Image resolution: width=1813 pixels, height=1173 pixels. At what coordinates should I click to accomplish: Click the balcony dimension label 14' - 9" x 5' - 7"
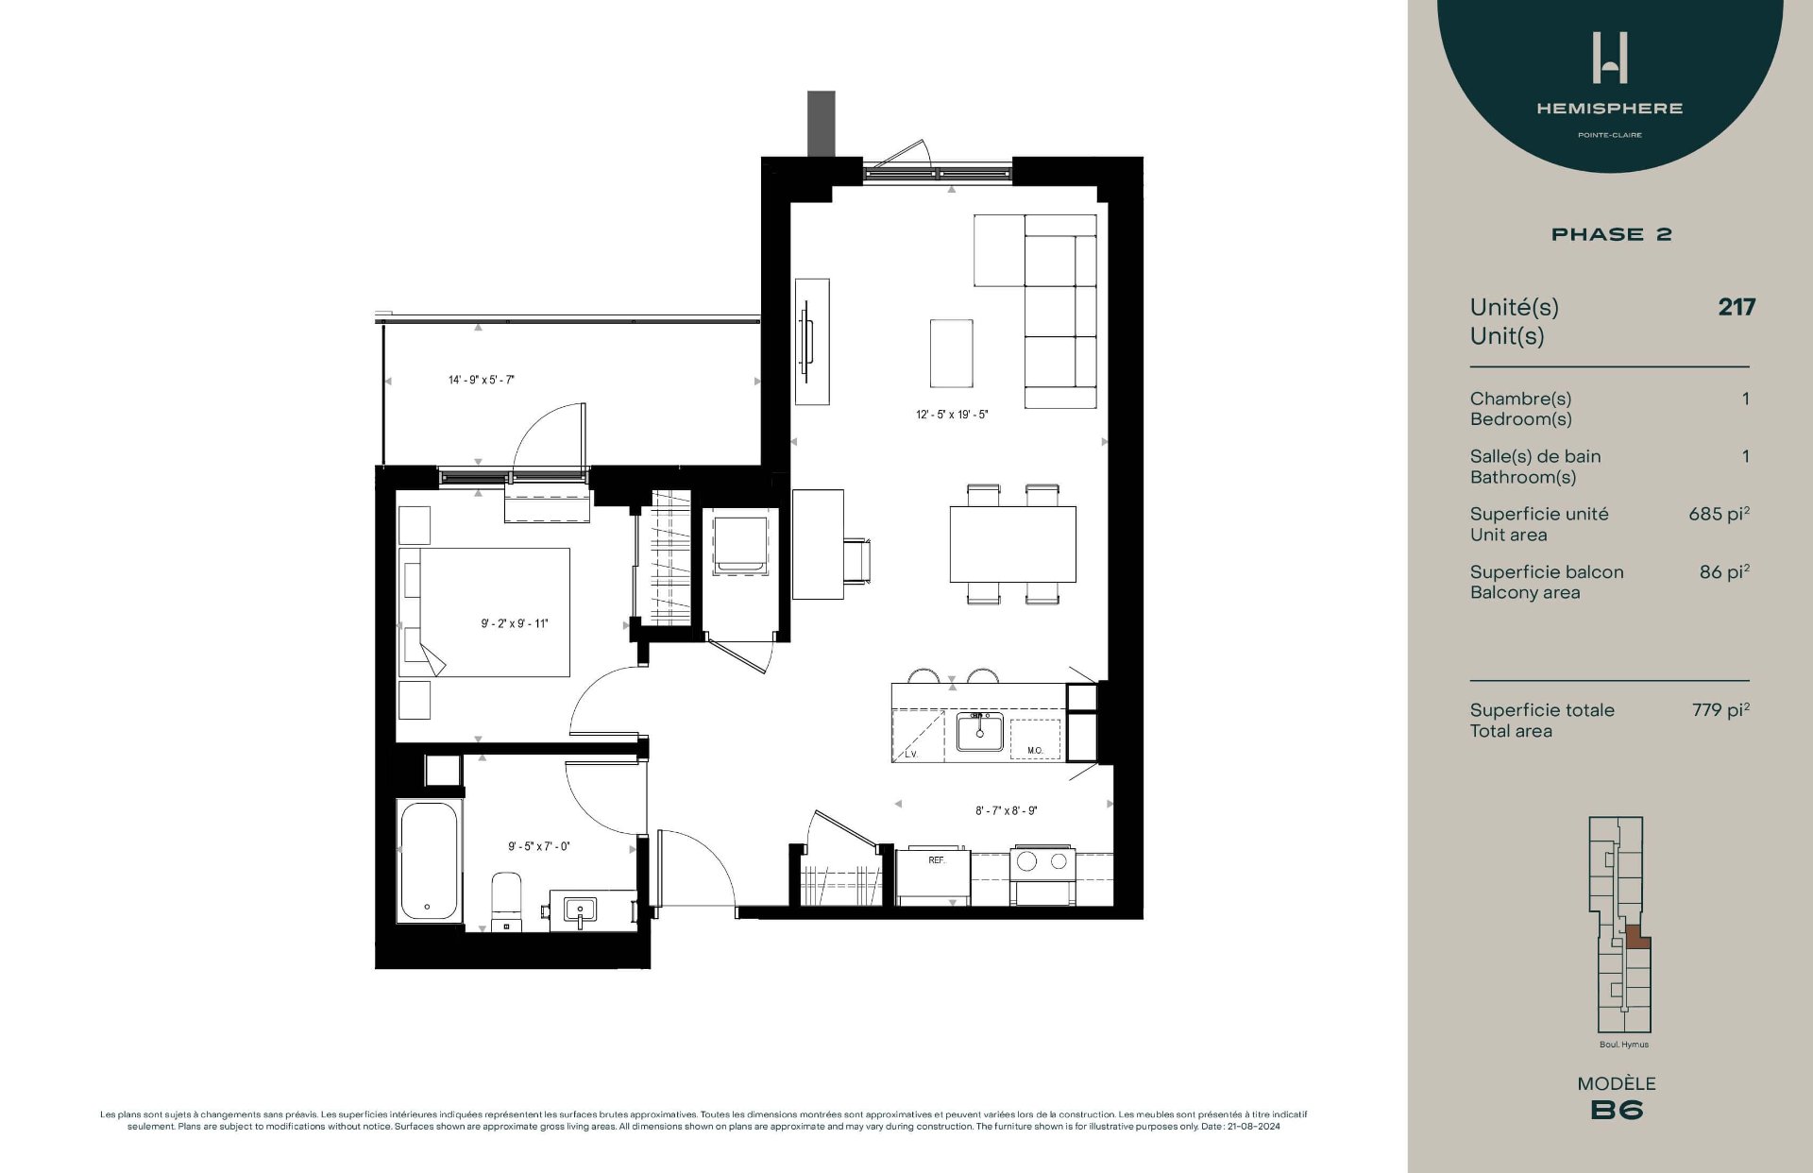point(481,381)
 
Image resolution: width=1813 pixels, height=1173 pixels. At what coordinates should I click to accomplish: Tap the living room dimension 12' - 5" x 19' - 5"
point(952,415)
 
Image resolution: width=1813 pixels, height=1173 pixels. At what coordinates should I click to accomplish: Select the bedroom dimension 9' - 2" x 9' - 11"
point(514,623)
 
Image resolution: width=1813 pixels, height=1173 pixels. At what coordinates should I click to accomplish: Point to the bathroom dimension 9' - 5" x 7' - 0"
point(538,847)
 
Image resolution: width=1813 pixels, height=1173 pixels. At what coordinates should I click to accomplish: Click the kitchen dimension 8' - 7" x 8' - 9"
point(1006,811)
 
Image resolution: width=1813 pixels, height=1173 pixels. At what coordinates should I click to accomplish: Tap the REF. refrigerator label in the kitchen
point(936,860)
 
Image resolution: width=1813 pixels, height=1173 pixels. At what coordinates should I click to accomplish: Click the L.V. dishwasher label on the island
point(911,754)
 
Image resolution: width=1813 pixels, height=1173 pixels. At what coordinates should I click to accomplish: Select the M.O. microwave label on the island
point(1035,751)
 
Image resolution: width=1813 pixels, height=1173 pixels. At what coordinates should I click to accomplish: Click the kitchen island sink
point(980,732)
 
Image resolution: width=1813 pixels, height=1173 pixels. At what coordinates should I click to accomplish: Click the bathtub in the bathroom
point(430,861)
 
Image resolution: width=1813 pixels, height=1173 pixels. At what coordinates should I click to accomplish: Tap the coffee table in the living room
point(951,353)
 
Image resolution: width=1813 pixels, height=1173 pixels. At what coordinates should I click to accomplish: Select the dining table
point(1012,545)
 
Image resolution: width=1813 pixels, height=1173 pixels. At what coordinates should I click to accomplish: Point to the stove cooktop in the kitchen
point(1042,861)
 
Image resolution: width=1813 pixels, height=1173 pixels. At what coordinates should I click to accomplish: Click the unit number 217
point(1736,307)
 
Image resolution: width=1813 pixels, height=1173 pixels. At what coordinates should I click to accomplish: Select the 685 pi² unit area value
point(1719,515)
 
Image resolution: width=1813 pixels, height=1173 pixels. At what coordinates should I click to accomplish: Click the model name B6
point(1617,1111)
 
